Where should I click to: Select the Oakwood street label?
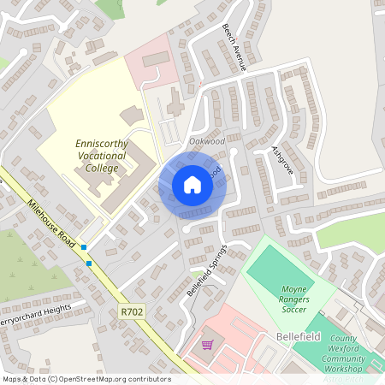click(x=206, y=139)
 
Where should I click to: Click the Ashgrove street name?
click(x=282, y=159)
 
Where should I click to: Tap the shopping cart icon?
click(x=207, y=345)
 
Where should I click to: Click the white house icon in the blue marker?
click(x=192, y=185)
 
